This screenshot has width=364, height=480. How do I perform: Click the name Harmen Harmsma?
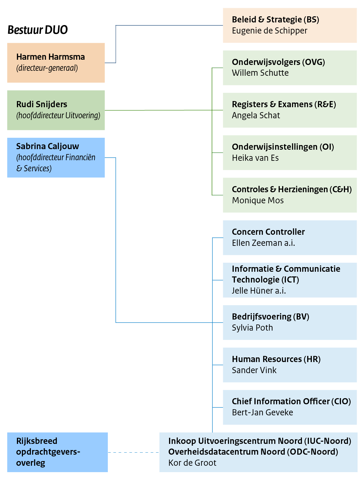click(x=50, y=57)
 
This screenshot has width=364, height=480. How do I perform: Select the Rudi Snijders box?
click(x=56, y=110)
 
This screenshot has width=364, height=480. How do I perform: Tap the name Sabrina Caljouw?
click(x=48, y=146)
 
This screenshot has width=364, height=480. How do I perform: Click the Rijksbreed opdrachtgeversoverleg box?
click(x=57, y=452)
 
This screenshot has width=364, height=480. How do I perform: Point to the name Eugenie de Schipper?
click(x=270, y=31)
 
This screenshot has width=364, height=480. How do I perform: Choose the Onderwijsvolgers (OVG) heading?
click(x=278, y=62)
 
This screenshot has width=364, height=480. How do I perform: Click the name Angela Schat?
click(x=256, y=116)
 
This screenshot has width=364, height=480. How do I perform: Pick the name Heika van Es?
click(x=255, y=158)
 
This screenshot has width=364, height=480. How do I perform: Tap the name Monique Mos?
click(x=258, y=200)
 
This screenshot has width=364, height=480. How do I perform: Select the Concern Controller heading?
click(x=268, y=232)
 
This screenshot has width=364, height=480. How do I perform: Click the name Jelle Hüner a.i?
click(x=259, y=291)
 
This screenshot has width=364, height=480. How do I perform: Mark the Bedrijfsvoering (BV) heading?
click(x=270, y=317)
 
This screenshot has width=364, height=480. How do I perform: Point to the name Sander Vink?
click(x=254, y=370)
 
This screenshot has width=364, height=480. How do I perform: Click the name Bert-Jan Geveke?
click(x=262, y=412)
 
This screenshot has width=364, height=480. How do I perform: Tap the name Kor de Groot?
click(x=192, y=463)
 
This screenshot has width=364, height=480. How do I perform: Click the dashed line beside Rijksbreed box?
click(x=133, y=452)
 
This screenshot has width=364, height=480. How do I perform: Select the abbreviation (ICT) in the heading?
click(x=290, y=280)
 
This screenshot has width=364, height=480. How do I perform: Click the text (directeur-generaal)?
click(x=47, y=68)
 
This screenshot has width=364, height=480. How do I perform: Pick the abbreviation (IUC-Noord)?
click(x=328, y=441)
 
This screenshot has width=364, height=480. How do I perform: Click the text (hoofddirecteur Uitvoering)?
click(x=58, y=116)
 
